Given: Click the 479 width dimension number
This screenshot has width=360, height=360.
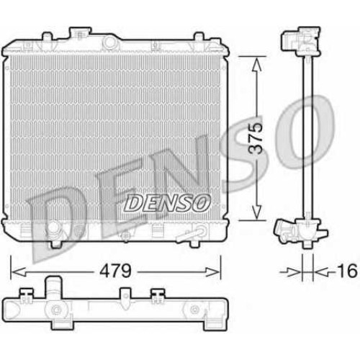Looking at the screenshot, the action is [x=115, y=271].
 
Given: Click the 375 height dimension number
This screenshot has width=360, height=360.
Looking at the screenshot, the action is [x=256, y=138].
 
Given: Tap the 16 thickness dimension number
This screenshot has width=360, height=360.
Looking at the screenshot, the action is [x=347, y=271].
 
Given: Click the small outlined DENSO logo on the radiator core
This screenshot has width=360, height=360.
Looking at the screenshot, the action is [x=167, y=203].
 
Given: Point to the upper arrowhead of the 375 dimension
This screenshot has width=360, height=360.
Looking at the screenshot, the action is [x=256, y=63].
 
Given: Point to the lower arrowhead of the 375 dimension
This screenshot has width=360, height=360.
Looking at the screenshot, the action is [x=256, y=213].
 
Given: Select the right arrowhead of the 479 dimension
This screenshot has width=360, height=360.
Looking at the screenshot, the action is [x=213, y=272].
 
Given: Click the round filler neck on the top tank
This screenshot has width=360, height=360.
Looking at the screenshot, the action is [x=109, y=42].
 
